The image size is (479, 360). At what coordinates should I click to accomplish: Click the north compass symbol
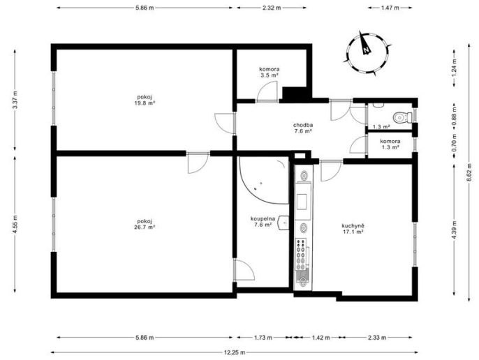(367, 52)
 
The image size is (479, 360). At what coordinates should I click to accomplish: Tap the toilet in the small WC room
(403, 117)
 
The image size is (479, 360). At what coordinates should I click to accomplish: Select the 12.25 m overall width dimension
(235, 352)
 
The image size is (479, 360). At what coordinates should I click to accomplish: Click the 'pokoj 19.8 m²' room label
(145, 100)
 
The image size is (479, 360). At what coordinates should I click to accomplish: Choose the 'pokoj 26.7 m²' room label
(145, 224)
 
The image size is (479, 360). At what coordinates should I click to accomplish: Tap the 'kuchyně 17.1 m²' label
(353, 228)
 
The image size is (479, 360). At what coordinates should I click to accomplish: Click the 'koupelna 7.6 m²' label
(263, 221)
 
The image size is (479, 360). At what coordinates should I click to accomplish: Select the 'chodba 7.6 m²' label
(303, 128)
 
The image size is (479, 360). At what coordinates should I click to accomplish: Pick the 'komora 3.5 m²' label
(269, 72)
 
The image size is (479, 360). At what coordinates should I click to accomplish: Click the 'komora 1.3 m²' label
(390, 144)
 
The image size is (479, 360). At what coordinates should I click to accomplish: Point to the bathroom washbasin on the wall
(283, 223)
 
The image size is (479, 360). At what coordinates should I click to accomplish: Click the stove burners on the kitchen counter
(301, 255)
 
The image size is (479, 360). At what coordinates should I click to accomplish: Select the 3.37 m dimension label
(15, 100)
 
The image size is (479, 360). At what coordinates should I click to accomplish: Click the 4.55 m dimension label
(15, 224)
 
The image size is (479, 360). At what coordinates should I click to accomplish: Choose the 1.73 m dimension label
(263, 338)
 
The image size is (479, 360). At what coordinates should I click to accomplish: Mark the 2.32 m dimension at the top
(272, 8)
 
